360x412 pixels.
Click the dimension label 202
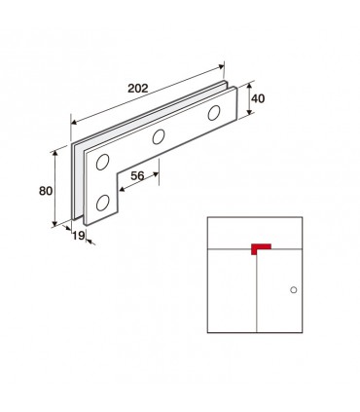(x=138, y=89)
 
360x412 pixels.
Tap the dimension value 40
(x=258, y=98)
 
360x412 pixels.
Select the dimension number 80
(x=46, y=191)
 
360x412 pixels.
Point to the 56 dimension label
(x=137, y=176)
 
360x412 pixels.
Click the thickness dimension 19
(x=78, y=236)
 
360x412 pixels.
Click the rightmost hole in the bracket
(x=214, y=113)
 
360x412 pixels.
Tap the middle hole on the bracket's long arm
(x=159, y=136)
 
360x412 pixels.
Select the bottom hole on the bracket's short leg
(x=102, y=203)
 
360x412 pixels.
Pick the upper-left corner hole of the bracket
(x=102, y=162)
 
